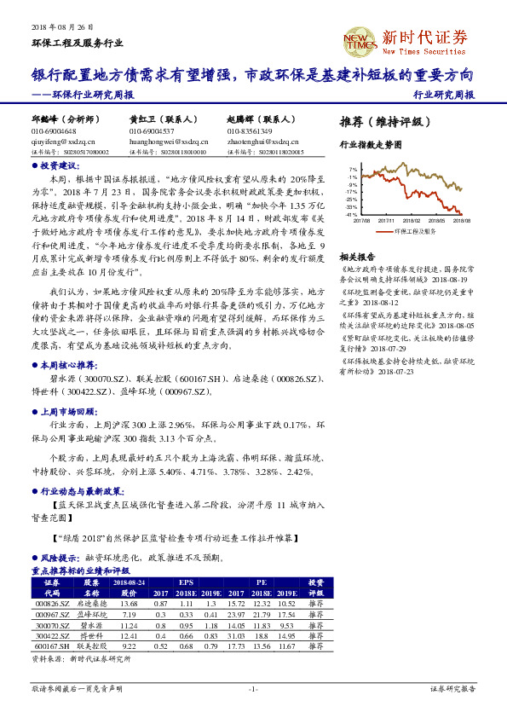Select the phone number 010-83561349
(250, 131)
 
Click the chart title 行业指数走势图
(370, 146)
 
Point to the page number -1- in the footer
(253, 687)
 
